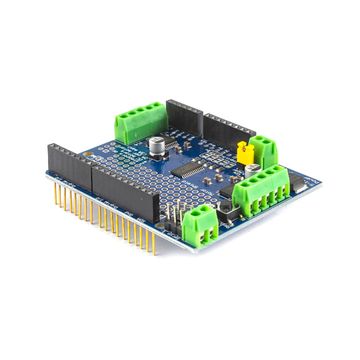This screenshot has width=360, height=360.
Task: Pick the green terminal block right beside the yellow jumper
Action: [x=265, y=150]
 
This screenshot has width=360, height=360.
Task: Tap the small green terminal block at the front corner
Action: [x=204, y=222]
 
